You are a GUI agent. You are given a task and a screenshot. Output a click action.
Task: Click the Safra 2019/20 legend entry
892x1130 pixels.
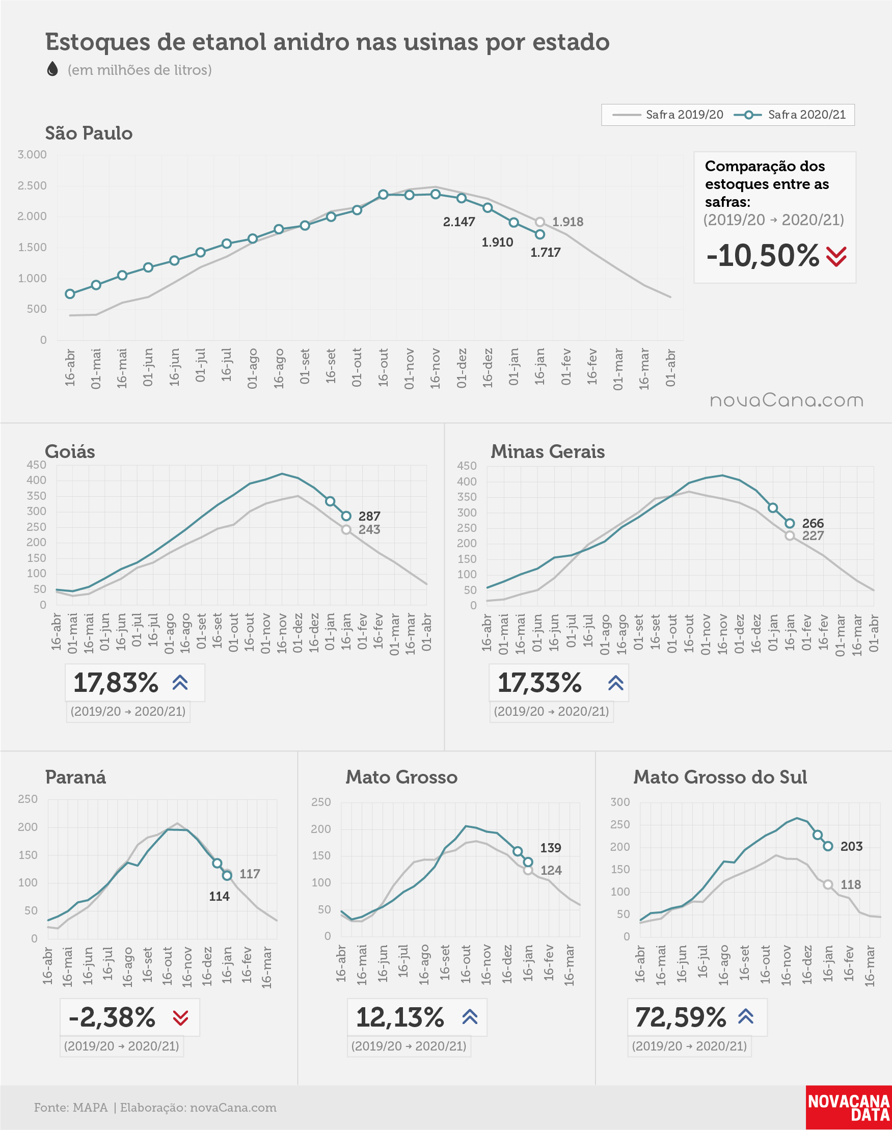(x=667, y=114)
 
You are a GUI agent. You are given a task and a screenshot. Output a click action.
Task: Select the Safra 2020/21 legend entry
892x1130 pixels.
(x=790, y=114)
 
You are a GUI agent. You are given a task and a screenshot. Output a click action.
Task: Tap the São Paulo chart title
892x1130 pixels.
(x=89, y=133)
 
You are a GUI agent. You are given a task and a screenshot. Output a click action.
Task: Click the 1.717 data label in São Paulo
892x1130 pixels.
(x=545, y=252)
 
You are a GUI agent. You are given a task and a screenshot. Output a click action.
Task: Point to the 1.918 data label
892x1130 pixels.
(x=567, y=222)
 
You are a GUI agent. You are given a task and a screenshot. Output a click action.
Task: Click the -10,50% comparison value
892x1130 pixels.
(x=763, y=255)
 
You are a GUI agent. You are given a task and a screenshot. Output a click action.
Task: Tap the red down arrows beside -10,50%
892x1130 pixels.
(x=836, y=256)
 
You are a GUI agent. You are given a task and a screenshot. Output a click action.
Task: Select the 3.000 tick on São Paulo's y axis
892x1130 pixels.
(x=32, y=154)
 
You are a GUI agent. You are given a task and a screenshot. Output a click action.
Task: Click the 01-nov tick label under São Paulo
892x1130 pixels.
(x=409, y=369)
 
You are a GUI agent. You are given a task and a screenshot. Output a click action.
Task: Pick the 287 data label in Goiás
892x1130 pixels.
(x=369, y=516)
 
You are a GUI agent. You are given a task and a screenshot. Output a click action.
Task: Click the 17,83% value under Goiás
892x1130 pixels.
(x=116, y=683)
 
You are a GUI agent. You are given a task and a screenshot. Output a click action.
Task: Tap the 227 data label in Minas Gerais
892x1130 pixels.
(x=813, y=536)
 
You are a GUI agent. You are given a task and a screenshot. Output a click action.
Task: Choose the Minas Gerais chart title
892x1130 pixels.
(x=547, y=451)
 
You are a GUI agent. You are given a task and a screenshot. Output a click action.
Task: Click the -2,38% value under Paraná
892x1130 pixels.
(x=112, y=1017)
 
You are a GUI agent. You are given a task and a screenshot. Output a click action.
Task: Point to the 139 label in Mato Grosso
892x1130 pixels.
(x=551, y=848)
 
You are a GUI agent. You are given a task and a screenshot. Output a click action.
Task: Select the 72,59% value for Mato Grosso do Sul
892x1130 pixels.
(x=681, y=1017)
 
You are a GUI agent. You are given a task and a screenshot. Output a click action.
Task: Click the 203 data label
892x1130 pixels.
(x=851, y=846)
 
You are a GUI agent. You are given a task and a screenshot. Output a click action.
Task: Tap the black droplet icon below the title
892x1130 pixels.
(x=52, y=68)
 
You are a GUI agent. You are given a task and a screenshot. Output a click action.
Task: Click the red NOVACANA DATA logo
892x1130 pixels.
(x=849, y=1108)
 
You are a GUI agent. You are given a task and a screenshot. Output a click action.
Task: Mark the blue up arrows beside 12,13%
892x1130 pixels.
(x=470, y=1016)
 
